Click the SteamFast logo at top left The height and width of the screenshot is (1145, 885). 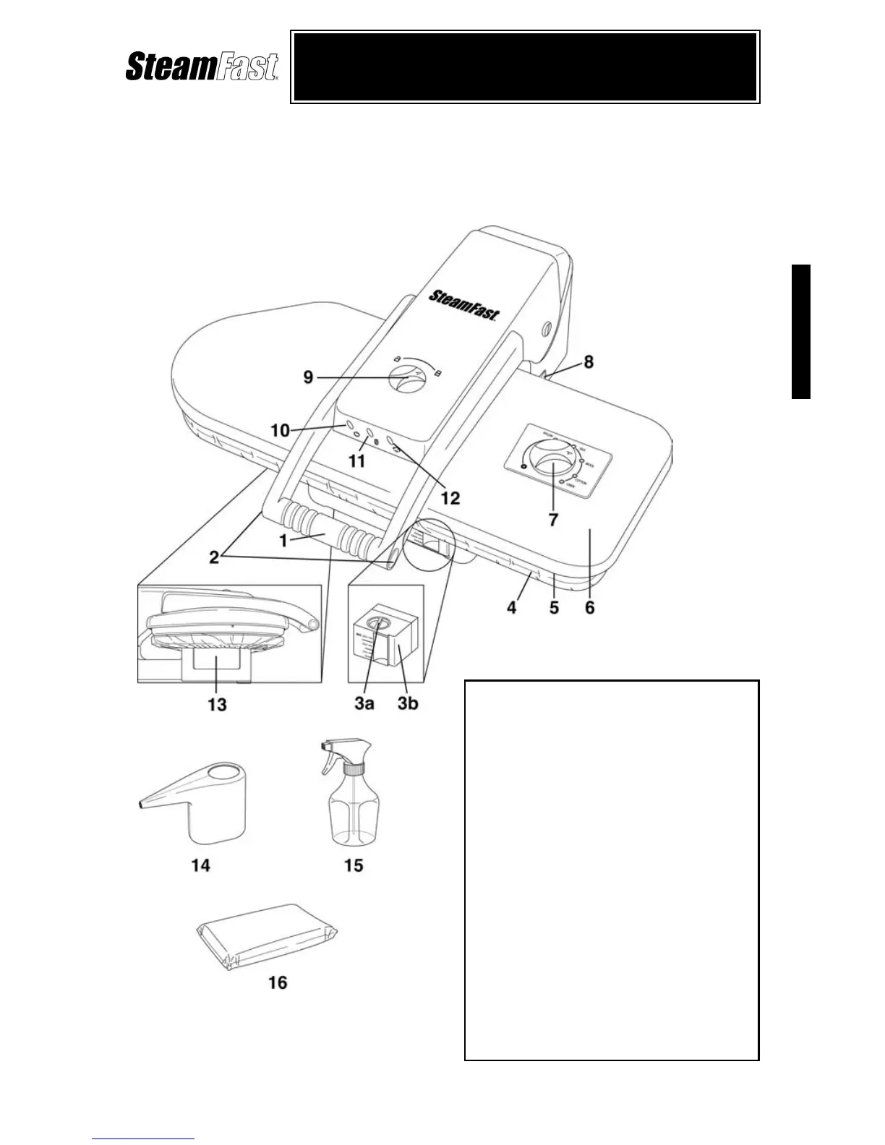(x=202, y=67)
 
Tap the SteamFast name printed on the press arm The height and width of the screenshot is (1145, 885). (x=465, y=304)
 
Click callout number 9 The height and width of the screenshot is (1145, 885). (x=309, y=378)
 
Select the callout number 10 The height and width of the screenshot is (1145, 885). (x=280, y=431)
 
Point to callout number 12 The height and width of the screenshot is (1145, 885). (x=450, y=497)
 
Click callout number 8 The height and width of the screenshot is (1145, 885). (x=589, y=361)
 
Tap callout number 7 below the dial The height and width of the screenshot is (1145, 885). (x=553, y=519)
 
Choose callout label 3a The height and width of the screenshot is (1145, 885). (x=364, y=703)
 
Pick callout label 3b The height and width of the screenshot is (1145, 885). (x=408, y=703)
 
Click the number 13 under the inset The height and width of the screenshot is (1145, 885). (x=217, y=704)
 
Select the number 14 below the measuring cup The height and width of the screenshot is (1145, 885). (x=200, y=865)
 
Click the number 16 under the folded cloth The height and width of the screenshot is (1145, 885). (x=278, y=982)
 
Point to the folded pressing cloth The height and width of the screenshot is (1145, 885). (x=268, y=936)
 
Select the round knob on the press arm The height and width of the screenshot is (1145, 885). (x=406, y=379)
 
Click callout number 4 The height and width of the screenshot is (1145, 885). (x=511, y=608)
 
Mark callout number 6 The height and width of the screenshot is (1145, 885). (x=590, y=608)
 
